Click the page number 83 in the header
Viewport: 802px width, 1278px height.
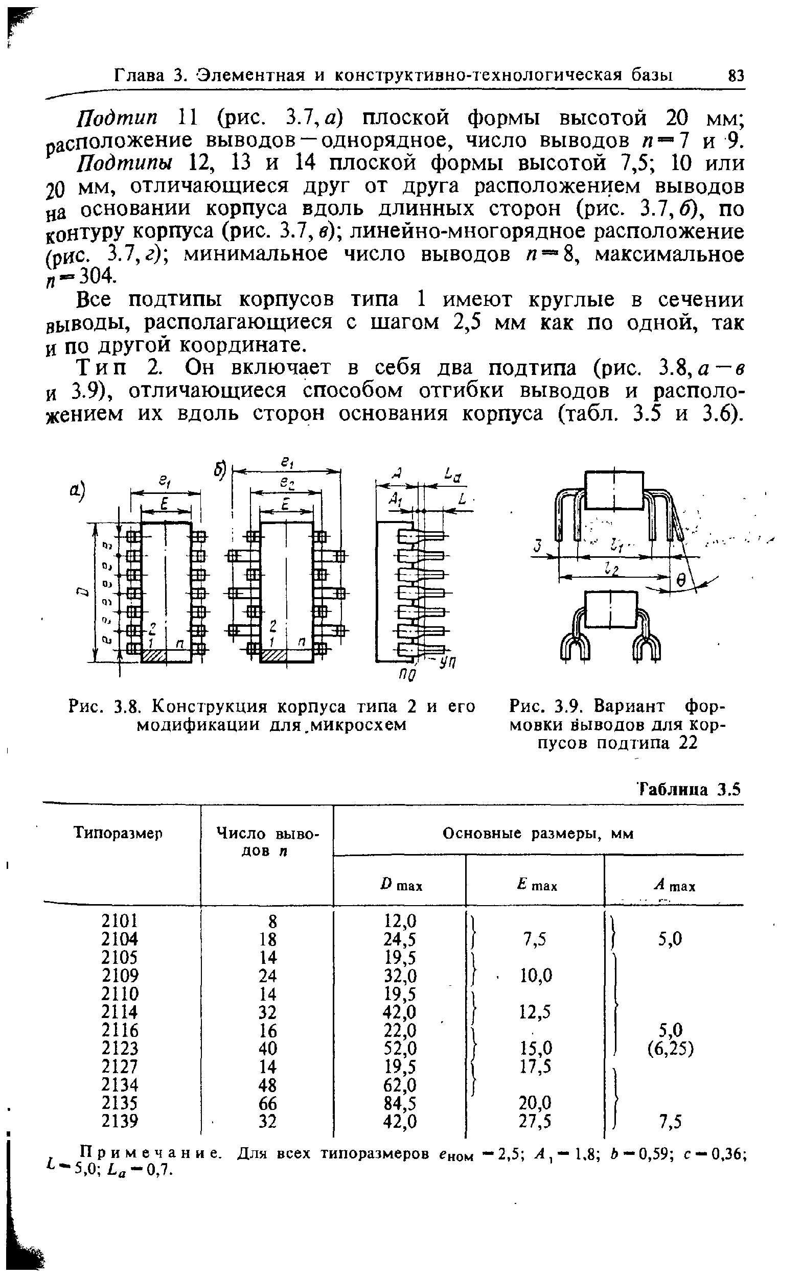click(x=736, y=75)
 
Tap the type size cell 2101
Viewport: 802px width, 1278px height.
click(x=119, y=921)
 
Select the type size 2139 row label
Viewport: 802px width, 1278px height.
click(x=119, y=1121)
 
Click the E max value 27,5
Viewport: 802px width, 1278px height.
click(x=536, y=1121)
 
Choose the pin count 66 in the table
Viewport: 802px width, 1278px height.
click(x=268, y=1103)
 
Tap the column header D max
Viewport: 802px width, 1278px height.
click(x=401, y=885)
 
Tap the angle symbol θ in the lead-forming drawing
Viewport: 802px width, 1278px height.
click(x=683, y=581)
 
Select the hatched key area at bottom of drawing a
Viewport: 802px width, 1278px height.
click(x=154, y=657)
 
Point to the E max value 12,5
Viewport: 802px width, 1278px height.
click(x=536, y=1012)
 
